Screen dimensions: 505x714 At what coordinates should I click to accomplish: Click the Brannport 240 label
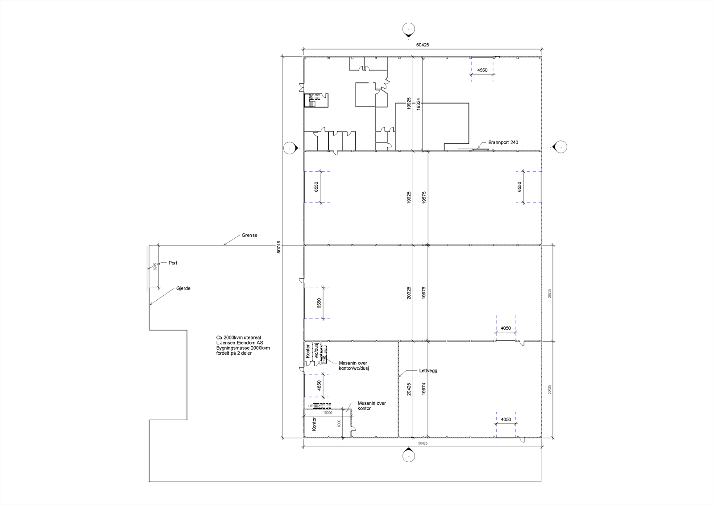(503, 142)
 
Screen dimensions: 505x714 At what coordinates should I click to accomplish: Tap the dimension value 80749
(279, 247)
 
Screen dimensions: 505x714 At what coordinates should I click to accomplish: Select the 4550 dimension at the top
(482, 70)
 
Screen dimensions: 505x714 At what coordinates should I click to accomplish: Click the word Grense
(249, 235)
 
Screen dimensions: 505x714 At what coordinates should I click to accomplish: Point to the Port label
(173, 263)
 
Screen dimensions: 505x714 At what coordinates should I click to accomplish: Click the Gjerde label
(183, 288)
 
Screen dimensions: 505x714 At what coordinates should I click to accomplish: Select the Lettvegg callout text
(428, 371)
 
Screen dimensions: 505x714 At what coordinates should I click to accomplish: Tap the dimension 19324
(419, 104)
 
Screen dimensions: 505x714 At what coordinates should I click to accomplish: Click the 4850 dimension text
(319, 385)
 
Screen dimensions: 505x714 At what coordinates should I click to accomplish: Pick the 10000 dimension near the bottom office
(328, 413)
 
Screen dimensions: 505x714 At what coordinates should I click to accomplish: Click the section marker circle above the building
(408, 29)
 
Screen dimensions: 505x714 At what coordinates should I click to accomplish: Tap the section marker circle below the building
(408, 456)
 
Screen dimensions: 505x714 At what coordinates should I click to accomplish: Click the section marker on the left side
(291, 148)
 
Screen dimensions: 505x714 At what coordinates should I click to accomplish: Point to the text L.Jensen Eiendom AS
(240, 343)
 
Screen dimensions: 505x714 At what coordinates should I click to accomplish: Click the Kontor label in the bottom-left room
(314, 424)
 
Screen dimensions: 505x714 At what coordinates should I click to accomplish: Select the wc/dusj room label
(316, 350)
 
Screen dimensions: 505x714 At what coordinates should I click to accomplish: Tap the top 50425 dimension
(422, 45)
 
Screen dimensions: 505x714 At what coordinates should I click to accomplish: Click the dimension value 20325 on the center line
(409, 293)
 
